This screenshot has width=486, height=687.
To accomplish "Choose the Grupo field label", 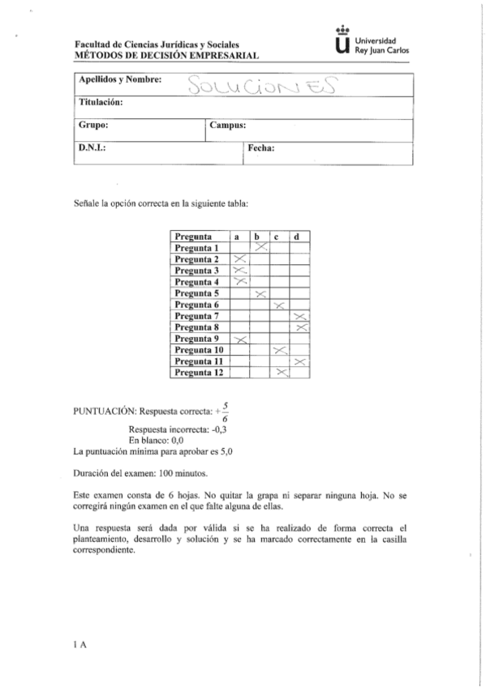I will click(x=94, y=126).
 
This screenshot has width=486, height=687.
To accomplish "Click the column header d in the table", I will click(x=299, y=237).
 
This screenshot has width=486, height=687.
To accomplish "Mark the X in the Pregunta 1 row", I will click(x=260, y=248).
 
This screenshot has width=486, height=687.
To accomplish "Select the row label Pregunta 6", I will click(x=198, y=305).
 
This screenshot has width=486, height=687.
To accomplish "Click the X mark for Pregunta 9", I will click(x=240, y=339).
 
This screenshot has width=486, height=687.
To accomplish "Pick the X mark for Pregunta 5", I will click(x=260, y=293).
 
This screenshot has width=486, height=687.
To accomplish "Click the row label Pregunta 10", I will click(x=199, y=349).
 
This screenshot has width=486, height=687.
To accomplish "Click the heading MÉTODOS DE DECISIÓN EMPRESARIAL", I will click(x=166, y=57).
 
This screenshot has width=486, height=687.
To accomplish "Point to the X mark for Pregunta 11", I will click(x=300, y=361).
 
